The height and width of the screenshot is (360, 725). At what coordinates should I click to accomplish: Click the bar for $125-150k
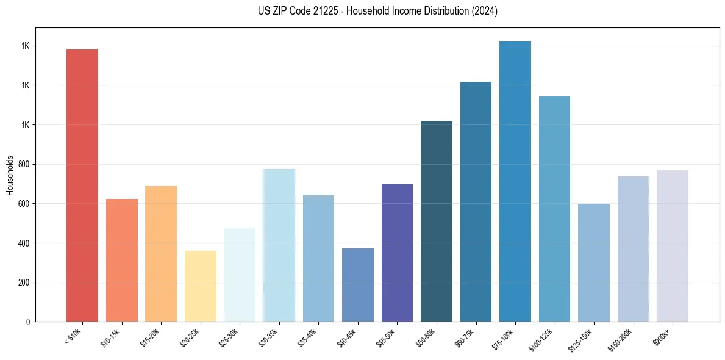tap(594, 263)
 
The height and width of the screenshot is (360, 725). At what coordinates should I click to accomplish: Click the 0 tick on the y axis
tap(28, 322)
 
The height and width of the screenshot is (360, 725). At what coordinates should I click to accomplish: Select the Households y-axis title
tap(10, 175)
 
